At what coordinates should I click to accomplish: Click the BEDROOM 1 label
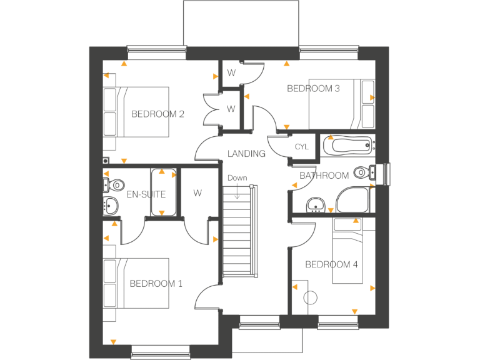point(156,284)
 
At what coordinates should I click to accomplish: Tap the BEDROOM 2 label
point(157,114)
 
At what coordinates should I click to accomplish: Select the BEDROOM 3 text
point(313,89)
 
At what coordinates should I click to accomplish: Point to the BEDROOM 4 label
point(331,264)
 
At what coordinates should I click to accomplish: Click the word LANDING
point(246,154)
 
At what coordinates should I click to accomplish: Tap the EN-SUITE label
point(146,194)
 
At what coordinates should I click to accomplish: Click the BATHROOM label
point(324,176)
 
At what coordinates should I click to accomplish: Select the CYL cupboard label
point(302,147)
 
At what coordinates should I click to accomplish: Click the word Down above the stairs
point(237,178)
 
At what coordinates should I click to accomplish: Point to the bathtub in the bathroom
point(347,146)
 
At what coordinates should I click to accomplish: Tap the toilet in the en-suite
point(114,184)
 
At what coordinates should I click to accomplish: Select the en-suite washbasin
point(111,204)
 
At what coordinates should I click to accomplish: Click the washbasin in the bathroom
point(316,203)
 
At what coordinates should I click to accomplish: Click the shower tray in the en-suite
point(162,192)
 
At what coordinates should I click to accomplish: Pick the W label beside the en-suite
point(197,193)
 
